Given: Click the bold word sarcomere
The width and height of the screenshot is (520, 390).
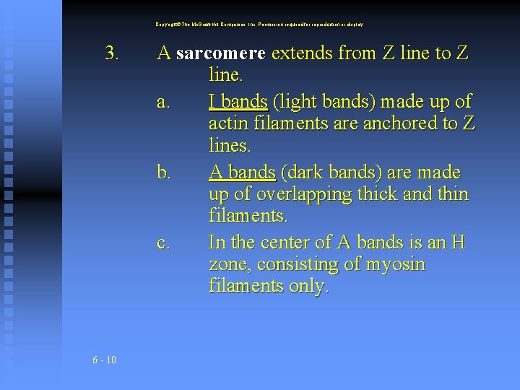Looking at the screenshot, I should coord(221,53).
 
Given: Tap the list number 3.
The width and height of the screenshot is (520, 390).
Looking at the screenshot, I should coord(112,53).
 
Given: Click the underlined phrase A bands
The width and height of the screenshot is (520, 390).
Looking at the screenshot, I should coord(242,172).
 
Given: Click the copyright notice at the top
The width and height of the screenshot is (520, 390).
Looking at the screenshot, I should coord(260,24).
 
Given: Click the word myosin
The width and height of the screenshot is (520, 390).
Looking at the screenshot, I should coord(396,264).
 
